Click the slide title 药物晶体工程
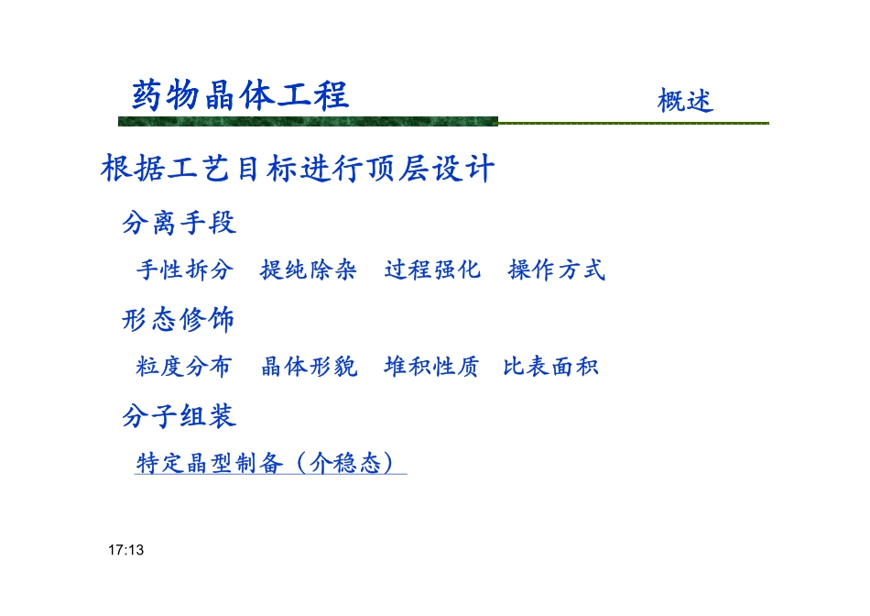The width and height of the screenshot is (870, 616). [x=240, y=95]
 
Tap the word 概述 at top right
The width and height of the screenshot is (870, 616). [x=685, y=100]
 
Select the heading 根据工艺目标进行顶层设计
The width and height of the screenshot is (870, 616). [x=299, y=170]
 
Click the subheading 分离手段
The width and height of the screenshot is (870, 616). [x=179, y=222]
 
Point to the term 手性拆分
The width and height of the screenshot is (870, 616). [x=185, y=270]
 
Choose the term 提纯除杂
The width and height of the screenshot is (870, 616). [x=309, y=270]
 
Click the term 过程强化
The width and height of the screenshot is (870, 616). [x=432, y=270]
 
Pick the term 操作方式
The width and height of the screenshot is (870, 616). [x=557, y=270]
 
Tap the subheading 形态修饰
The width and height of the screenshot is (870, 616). [x=179, y=320]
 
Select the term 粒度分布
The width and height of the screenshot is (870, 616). [x=184, y=368]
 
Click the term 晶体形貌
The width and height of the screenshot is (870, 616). [x=310, y=368]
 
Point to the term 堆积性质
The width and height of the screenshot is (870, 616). [x=431, y=368]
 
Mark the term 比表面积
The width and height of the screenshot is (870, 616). [x=551, y=368]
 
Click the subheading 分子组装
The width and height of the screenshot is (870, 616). [x=179, y=417]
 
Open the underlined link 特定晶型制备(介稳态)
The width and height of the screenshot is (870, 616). [x=270, y=464]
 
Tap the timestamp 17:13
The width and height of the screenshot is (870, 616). [x=126, y=551]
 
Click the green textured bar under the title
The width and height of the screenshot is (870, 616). [x=308, y=122]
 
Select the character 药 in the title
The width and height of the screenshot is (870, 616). [x=147, y=95]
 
